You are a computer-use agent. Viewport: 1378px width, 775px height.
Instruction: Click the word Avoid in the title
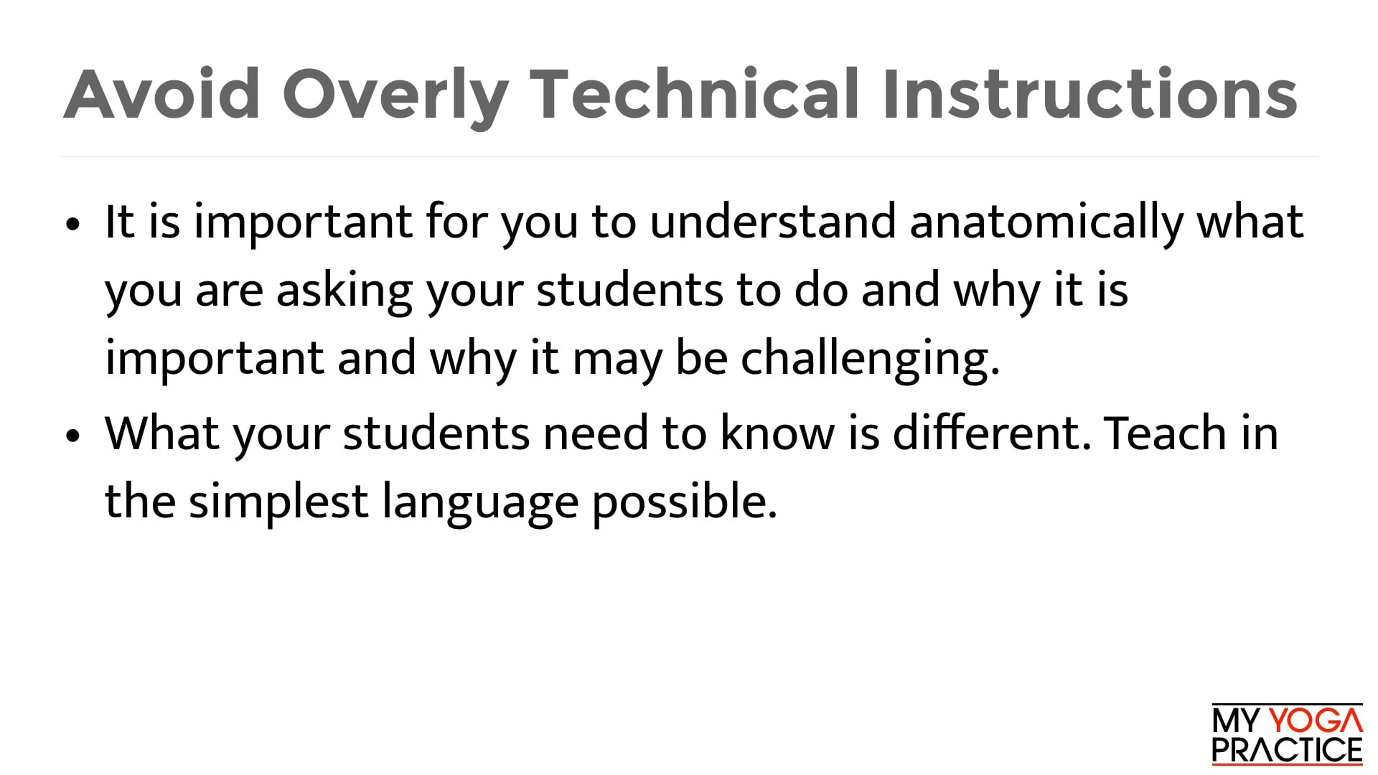161,95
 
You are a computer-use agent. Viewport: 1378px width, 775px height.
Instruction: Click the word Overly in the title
395,95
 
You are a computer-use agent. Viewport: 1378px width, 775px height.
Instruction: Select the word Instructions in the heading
1089,95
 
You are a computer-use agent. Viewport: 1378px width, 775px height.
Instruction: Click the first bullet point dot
72,224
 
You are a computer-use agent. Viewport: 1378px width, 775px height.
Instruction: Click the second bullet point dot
72,436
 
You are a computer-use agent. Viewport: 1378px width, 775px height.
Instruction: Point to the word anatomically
1046,222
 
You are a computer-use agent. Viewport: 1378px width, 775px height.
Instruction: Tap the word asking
344,291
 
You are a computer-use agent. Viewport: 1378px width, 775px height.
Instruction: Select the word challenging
870,358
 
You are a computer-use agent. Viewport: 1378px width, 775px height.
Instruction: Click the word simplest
278,502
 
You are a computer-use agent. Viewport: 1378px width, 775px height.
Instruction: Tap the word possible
684,502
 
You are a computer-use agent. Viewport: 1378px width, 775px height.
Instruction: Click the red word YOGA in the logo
1316,721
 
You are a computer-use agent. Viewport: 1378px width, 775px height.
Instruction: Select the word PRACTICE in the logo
1287,751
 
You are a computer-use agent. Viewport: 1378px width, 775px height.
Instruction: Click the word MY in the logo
1235,721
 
